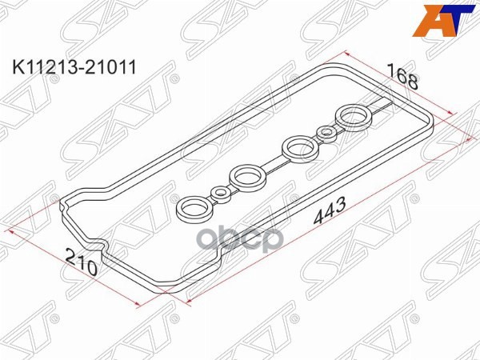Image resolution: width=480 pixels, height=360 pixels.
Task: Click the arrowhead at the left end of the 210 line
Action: (12, 230)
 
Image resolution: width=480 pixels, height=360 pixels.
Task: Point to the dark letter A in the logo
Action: (433, 21)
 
